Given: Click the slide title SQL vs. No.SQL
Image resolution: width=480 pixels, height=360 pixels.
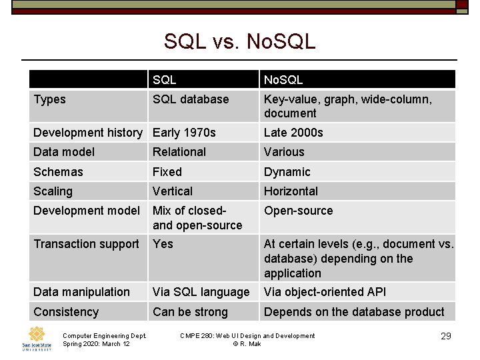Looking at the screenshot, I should [x=239, y=41].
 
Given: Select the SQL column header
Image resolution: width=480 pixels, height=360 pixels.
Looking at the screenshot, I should [x=164, y=80].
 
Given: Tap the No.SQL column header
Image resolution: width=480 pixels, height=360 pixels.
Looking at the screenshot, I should [x=283, y=80].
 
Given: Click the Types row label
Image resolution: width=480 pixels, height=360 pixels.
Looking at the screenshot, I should [x=50, y=99].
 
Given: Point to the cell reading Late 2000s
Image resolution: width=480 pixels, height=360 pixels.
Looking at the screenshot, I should [x=293, y=133].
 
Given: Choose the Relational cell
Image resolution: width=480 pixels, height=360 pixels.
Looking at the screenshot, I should [x=179, y=152].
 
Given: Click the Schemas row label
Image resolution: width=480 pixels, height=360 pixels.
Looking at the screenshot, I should [x=58, y=172].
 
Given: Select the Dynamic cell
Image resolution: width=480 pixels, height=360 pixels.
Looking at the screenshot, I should [x=287, y=172].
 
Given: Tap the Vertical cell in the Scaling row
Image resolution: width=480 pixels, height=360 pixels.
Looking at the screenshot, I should [x=173, y=191].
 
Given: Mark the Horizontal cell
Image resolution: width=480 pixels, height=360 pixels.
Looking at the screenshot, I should [x=291, y=191].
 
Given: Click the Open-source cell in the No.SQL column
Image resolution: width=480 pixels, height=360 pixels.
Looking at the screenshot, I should [x=298, y=211].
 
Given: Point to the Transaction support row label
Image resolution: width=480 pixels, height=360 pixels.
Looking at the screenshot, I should [x=86, y=244].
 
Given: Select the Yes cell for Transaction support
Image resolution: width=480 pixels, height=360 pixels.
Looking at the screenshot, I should [x=163, y=244].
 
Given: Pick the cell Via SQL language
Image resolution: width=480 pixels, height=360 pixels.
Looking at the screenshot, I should [x=201, y=292].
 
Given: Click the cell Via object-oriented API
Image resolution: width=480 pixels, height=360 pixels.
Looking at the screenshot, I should [x=325, y=292].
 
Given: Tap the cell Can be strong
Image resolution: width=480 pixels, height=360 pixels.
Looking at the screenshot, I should [x=190, y=312].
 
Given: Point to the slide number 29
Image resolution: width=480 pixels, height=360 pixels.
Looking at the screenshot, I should [x=446, y=337].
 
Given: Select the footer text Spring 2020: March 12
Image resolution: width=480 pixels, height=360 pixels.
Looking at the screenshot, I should [x=96, y=343].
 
